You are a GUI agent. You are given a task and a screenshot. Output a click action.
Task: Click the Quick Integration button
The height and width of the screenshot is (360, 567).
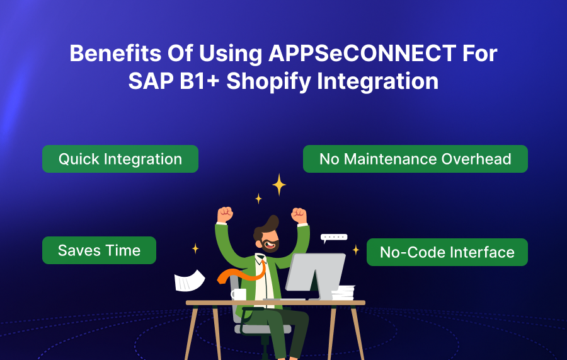[120, 159]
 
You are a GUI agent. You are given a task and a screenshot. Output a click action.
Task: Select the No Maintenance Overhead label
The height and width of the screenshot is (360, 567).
[415, 159]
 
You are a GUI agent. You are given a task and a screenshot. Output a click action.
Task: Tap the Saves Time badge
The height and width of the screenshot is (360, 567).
[99, 250]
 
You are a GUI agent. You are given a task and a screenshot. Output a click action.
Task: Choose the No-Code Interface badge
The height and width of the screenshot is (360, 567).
[447, 252]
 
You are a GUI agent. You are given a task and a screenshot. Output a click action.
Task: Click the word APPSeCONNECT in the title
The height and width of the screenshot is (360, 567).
[362, 53]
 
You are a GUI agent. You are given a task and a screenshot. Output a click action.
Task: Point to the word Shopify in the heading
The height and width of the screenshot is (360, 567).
[268, 81]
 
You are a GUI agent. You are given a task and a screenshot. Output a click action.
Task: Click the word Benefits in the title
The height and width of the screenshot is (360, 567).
[115, 53]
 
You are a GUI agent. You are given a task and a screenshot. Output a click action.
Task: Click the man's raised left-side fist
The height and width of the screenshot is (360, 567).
[224, 214]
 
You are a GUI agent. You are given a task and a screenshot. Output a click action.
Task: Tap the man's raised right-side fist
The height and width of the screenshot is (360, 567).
[299, 216]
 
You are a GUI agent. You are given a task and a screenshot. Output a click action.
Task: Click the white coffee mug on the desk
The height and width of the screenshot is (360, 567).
[238, 294]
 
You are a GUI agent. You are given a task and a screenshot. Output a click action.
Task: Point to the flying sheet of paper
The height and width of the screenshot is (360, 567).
[189, 281]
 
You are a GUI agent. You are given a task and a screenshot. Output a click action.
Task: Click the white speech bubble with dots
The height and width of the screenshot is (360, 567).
[333, 238]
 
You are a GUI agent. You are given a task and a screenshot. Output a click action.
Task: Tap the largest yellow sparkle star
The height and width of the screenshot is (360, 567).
[279, 185]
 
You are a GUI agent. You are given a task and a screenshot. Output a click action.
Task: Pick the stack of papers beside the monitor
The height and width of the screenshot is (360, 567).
[343, 293]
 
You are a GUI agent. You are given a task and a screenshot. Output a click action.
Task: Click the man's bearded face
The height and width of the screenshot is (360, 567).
[268, 241]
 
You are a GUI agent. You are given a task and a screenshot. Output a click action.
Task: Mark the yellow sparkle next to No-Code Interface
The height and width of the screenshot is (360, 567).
[356, 249]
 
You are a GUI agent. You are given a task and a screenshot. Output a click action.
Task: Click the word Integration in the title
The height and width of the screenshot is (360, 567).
[377, 81]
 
